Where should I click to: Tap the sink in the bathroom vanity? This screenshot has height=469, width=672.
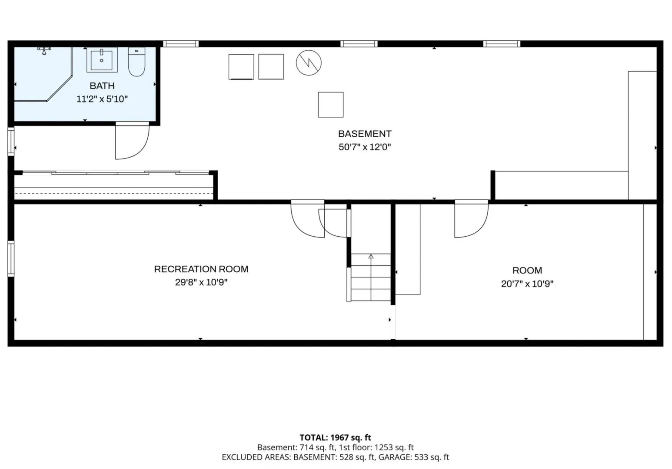[102, 59]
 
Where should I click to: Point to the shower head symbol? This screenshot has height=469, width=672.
[44, 51]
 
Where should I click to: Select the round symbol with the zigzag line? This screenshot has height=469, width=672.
[309, 63]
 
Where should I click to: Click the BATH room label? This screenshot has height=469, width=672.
[102, 86]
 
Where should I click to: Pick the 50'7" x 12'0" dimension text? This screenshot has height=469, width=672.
[365, 147]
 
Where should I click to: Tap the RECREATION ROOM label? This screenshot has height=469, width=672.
[201, 269]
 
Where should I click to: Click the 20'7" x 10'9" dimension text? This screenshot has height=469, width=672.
[527, 284]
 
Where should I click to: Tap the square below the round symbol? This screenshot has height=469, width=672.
[331, 105]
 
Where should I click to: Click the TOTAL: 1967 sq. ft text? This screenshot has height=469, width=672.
[336, 438]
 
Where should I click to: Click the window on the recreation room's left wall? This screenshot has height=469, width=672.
[11, 259]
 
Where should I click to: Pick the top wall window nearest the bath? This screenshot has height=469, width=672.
[180, 44]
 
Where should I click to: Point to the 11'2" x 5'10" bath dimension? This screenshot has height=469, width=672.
[102, 99]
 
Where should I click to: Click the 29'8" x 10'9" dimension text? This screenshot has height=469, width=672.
[201, 282]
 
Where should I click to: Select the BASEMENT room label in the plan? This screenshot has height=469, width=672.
[365, 134]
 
